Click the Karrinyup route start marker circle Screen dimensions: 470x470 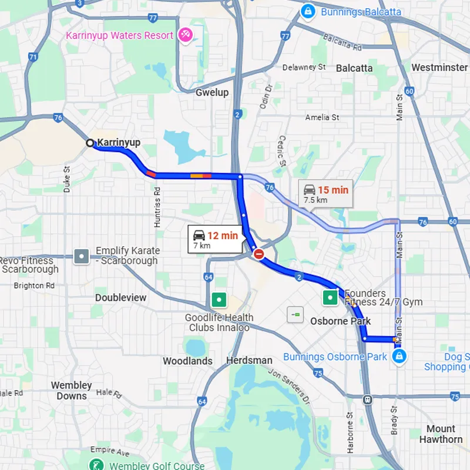point(90,143)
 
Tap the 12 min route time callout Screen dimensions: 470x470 point(215,239)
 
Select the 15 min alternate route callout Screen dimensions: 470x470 point(325,193)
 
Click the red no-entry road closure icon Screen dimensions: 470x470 point(258,254)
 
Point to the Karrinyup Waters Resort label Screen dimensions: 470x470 point(119,35)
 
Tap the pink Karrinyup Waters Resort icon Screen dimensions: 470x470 point(186,35)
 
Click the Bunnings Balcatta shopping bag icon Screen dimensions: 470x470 point(307,11)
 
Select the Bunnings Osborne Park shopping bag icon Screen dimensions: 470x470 point(399,357)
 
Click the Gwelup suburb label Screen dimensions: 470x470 point(211,92)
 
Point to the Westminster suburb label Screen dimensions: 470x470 point(439,68)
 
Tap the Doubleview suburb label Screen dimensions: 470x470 point(121,297)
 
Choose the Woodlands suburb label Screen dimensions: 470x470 point(187,361)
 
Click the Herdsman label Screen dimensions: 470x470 point(249,360)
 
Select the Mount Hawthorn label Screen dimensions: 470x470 point(441,434)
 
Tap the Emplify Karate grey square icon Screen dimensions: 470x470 point(82,256)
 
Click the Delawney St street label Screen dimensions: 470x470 point(304,67)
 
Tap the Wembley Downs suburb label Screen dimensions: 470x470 point(72,391)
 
